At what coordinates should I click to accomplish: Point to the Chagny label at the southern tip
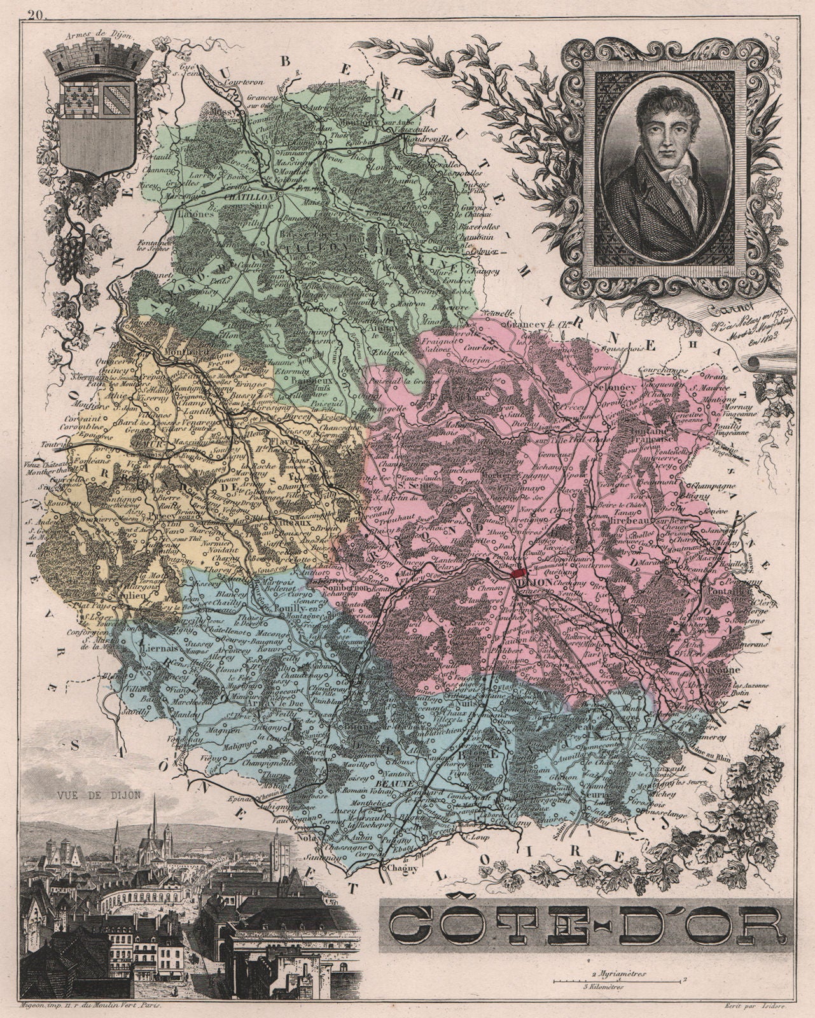point(394,867)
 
